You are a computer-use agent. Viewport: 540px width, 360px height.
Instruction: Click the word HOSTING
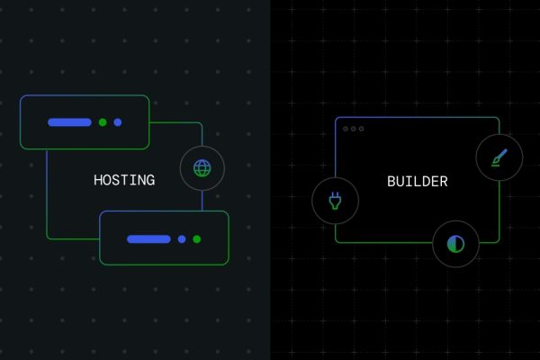pyautogui.click(x=124, y=180)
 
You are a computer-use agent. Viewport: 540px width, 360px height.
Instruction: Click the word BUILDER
pyautogui.click(x=418, y=182)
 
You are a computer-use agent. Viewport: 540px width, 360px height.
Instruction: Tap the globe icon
pyautogui.click(x=202, y=168)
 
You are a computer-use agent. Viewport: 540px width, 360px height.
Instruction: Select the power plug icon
pyautogui.click(x=335, y=201)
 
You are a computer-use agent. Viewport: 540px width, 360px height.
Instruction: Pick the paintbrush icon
pyautogui.click(x=499, y=157)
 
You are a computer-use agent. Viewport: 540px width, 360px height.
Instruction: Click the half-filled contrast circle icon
pyautogui.click(x=455, y=244)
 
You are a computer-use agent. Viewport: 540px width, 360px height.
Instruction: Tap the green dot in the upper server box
pyautogui.click(x=103, y=122)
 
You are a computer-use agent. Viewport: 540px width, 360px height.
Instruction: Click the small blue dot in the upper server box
pyautogui.click(x=118, y=122)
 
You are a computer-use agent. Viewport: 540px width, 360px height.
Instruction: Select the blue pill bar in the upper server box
pyautogui.click(x=69, y=122)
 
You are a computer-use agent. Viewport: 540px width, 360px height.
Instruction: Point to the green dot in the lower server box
pyautogui.click(x=197, y=239)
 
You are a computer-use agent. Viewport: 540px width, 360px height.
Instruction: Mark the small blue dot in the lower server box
pyautogui.click(x=182, y=239)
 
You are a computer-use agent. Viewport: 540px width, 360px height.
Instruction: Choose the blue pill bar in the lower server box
pyautogui.click(x=148, y=239)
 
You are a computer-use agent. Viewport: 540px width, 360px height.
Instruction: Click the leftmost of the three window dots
pyautogui.click(x=346, y=129)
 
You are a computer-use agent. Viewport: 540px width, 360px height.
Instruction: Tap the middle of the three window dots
pyautogui.click(x=354, y=129)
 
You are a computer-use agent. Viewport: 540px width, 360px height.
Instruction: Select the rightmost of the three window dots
pyautogui.click(x=361, y=129)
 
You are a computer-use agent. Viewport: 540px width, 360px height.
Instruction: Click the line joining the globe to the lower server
pyautogui.click(x=202, y=201)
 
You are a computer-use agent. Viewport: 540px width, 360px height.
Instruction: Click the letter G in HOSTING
pyautogui.click(x=150, y=180)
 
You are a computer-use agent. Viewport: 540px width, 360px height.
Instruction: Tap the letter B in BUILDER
pyautogui.click(x=391, y=182)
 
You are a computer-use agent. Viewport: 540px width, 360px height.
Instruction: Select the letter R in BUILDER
pyautogui.click(x=444, y=182)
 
